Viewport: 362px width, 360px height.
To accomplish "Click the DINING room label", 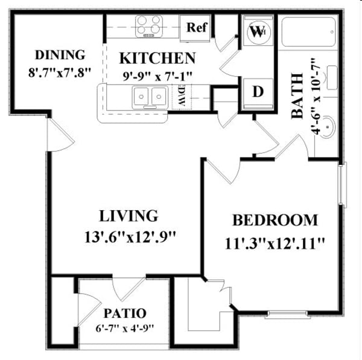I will click(60, 55).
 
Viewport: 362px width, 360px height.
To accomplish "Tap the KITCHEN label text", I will click(157, 59).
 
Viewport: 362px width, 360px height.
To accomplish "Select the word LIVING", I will click(129, 216).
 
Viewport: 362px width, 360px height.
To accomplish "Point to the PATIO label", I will click(125, 313).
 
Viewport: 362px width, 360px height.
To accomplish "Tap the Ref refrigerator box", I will click(197, 28).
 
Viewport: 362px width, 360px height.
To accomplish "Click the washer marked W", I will click(257, 31).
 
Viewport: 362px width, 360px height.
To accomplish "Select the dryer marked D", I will click(258, 91).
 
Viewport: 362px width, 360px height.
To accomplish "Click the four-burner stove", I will click(150, 26).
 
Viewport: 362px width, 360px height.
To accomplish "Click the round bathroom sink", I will click(326, 127).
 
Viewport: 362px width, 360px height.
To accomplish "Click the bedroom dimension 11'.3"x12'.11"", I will click(275, 243).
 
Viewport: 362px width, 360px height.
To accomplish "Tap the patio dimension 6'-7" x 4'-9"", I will click(124, 329).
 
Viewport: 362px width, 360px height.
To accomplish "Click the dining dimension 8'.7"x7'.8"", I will click(59, 71).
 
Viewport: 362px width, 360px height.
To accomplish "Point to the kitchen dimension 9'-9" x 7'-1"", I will click(157, 76).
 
